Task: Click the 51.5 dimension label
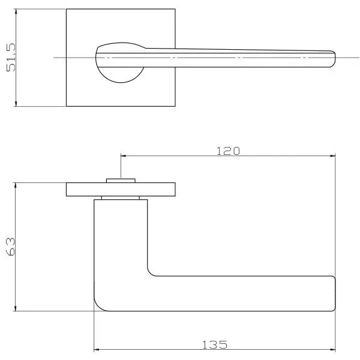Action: click(x=11, y=58)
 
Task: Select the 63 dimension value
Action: click(x=10, y=247)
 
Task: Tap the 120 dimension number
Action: click(x=228, y=151)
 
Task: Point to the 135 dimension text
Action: click(x=214, y=345)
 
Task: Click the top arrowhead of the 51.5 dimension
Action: click(x=16, y=11)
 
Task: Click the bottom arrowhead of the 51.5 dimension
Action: click(x=16, y=104)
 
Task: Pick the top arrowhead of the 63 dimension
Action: click(x=16, y=185)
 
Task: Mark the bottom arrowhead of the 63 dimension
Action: click(x=16, y=308)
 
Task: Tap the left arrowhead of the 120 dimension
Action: click(x=124, y=156)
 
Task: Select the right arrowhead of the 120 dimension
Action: click(x=332, y=156)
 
